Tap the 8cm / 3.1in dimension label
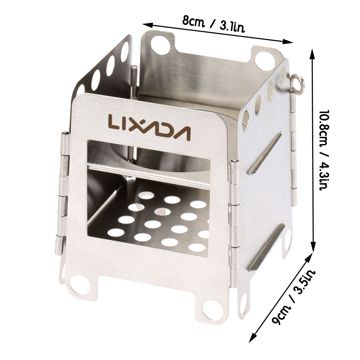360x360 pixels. pos(213,25)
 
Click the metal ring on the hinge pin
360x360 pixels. pos(298,84)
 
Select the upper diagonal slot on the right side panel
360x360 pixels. pos(264,153)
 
